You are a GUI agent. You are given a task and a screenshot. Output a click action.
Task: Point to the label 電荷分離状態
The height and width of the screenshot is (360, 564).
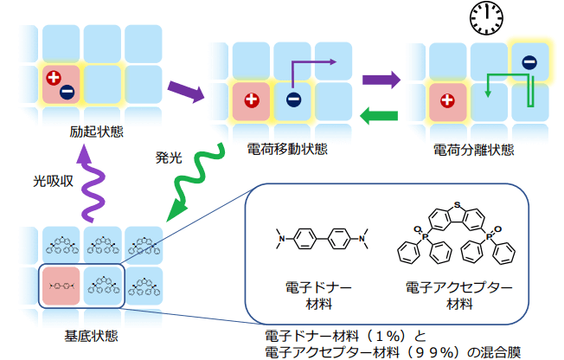pos(473,150)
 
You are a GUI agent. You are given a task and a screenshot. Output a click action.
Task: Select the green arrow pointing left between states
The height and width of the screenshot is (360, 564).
pos(377,114)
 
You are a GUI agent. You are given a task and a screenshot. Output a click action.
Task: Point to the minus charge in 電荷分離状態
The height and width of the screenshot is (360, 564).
pos(529,61)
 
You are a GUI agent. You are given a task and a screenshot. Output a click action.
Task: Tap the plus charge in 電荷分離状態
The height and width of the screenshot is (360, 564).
pos(446,100)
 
